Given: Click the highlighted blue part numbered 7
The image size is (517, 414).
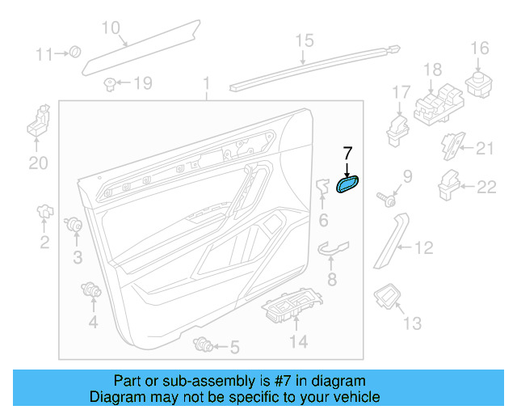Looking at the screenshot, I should (x=348, y=186).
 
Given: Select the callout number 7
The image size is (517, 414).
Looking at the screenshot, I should (x=348, y=152).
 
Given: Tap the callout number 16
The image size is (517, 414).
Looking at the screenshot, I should (x=480, y=49).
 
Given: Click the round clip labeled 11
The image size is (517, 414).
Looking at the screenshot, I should (x=75, y=53).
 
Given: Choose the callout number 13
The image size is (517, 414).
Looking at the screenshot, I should (x=412, y=323).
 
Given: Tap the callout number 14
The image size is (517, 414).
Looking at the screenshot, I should (x=299, y=342).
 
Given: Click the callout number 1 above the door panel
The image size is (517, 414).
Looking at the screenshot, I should (x=206, y=83).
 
